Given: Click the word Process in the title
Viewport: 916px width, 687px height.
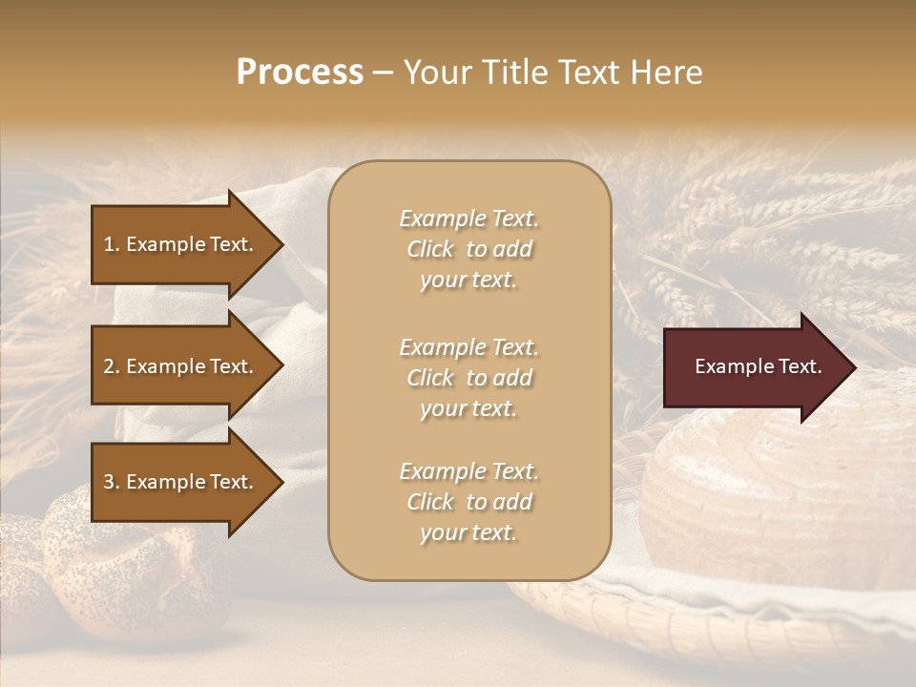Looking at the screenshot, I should (300, 73).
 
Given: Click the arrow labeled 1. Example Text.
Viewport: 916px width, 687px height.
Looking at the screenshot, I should (181, 244).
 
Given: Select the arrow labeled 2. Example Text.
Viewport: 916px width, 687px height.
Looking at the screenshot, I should (181, 366).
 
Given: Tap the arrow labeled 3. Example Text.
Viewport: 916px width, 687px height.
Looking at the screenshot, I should (181, 482).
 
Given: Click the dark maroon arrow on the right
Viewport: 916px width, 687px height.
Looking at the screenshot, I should (754, 367).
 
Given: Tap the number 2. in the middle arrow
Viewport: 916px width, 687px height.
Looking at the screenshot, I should (112, 366).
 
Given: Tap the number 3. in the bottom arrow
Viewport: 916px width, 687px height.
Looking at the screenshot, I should (112, 482).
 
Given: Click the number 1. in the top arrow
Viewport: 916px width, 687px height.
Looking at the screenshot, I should (112, 244).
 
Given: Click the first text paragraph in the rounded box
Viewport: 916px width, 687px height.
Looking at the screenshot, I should (468, 249).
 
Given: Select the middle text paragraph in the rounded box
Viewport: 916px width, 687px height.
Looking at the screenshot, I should (468, 378).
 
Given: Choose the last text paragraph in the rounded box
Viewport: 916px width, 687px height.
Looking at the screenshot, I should (468, 502).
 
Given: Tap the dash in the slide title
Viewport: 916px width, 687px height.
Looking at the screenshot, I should (383, 73).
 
